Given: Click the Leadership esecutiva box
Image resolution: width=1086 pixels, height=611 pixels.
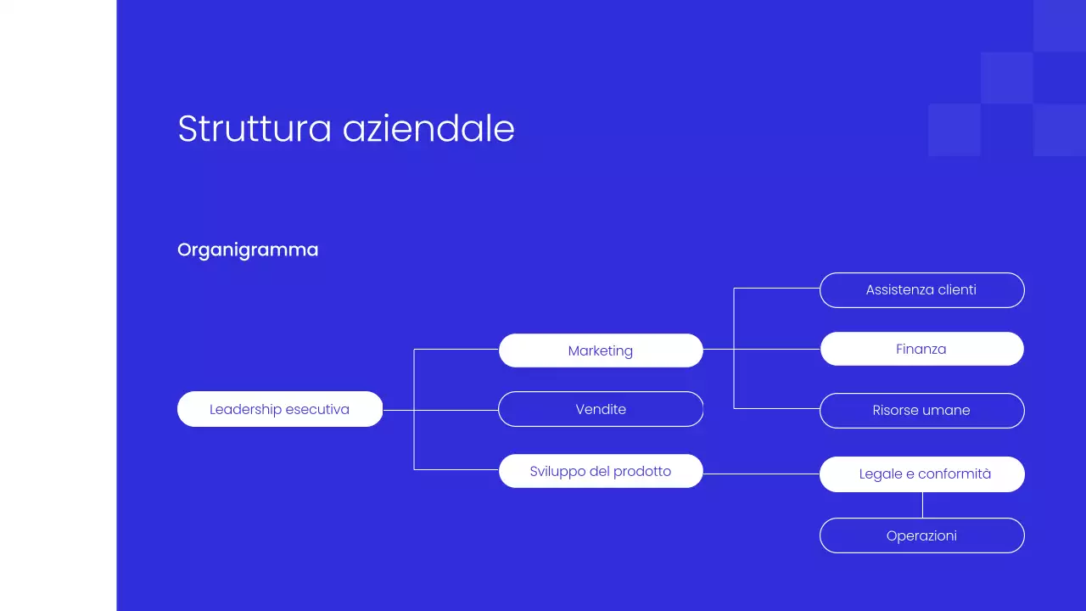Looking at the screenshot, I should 280,409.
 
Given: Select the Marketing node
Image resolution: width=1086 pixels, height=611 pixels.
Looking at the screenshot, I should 601,350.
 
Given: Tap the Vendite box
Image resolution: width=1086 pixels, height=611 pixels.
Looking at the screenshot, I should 601,409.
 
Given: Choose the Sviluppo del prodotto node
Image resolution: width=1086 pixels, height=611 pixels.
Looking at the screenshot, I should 601,471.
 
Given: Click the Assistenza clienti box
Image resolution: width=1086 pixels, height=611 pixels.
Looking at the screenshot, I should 921,290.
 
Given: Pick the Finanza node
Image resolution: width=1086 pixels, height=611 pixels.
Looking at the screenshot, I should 921,349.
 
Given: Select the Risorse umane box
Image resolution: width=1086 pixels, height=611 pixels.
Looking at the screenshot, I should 921,411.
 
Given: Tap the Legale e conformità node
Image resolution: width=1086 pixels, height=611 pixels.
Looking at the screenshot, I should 921,474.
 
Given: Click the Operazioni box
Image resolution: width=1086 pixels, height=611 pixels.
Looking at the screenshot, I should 921,535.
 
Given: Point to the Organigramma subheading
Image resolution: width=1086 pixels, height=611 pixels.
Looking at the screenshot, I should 248,249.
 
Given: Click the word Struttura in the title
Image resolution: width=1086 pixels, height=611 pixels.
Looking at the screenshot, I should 254,129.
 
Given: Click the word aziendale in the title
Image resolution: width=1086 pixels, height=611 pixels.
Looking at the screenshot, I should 428,129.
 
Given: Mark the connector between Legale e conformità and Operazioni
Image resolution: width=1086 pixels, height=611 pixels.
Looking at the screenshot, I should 922,505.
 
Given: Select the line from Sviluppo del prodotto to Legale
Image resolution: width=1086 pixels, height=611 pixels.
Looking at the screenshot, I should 761,474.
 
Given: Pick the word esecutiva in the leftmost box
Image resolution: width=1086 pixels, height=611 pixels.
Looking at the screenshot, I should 317,409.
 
